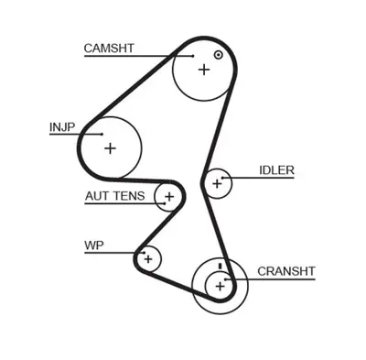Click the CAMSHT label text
[x=109, y=48]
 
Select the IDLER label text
[x=277, y=170]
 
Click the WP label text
[x=93, y=245]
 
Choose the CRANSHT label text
[x=285, y=271]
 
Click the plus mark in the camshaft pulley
[x=203, y=70]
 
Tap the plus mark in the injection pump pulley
[x=110, y=147]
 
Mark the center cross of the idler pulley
[x=217, y=184]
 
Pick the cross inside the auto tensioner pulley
[x=168, y=196]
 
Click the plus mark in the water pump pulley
[x=146, y=259]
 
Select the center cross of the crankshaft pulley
[x=220, y=287]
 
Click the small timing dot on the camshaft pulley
[x=218, y=55]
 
